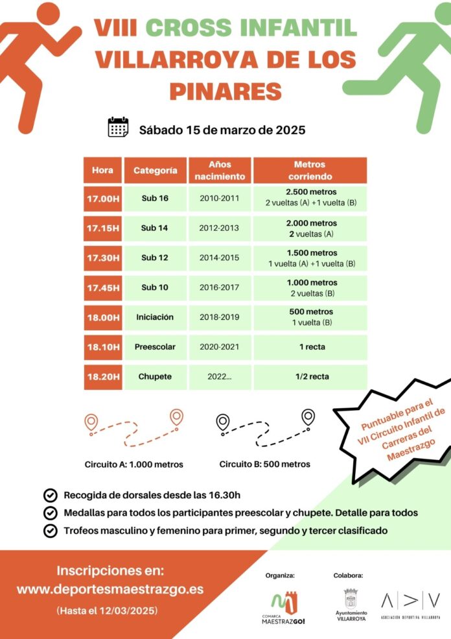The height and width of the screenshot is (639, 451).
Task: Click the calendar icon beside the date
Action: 119,127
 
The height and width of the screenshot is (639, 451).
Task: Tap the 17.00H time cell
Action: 102,198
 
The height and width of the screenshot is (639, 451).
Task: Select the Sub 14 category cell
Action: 155,228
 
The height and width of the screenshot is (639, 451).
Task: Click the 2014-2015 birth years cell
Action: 220,258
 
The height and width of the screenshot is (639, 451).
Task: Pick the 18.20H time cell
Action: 102,377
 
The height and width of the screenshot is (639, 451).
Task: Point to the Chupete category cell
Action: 155,377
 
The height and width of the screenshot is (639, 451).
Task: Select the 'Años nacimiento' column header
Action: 220,171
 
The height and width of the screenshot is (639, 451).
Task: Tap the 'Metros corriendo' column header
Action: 310,171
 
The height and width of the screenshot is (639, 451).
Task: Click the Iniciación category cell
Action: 155,317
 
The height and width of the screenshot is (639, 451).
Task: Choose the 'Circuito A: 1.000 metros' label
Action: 133,464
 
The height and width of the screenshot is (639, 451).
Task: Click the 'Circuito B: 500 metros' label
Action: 264,464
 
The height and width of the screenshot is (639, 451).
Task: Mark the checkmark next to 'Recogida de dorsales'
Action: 49,496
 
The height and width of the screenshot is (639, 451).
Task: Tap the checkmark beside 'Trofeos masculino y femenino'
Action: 49,531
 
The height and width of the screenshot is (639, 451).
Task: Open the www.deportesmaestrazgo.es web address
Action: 110,590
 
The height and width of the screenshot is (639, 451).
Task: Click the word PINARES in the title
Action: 225,91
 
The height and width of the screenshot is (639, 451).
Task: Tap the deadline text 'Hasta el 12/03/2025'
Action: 107,611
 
